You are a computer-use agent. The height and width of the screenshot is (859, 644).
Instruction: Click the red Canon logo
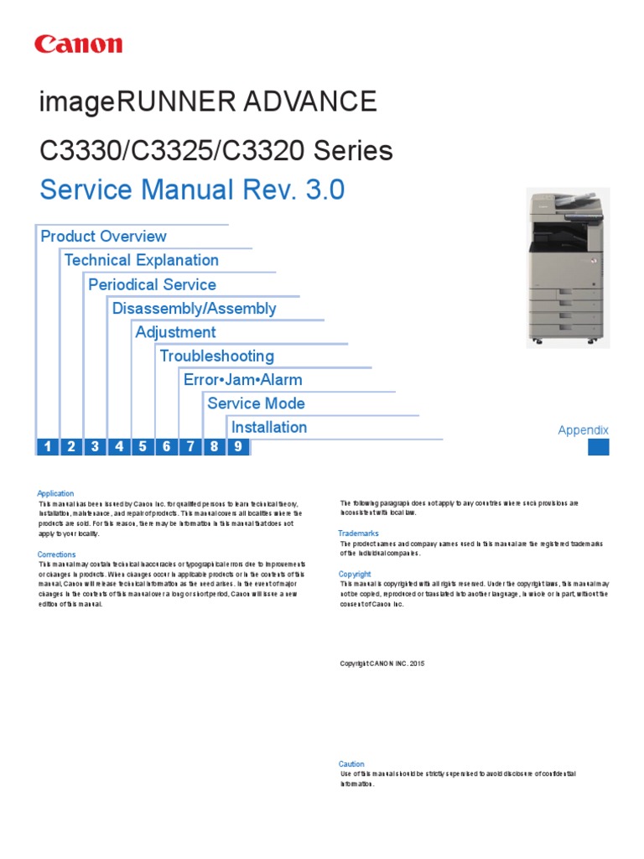[78, 44]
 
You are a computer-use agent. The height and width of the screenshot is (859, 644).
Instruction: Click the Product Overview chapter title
[103, 237]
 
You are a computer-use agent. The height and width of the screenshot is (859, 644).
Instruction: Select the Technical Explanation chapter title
[141, 260]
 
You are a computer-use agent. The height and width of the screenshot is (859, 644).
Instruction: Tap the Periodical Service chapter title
[152, 284]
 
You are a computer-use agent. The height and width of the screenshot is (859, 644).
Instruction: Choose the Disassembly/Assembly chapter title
[194, 308]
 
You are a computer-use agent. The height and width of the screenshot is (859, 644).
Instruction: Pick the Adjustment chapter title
[175, 332]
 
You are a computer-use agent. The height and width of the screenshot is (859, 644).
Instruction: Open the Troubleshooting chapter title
[216, 356]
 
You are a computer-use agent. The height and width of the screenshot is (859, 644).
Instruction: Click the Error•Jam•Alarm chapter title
[242, 379]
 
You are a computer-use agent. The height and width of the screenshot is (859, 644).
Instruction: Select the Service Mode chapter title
[256, 403]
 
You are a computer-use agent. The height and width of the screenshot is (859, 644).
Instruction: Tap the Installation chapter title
[268, 427]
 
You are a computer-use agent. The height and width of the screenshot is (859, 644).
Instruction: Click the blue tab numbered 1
[48, 446]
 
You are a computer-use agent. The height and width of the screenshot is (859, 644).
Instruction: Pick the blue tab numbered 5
[143, 446]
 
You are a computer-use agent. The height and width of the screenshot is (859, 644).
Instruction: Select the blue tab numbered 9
[238, 446]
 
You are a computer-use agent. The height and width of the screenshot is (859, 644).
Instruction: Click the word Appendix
[583, 430]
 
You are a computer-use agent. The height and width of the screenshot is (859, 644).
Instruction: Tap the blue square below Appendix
[599, 446]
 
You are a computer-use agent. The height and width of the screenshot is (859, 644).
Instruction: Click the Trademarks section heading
[358, 534]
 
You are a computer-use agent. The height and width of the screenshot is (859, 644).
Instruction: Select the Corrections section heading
[56, 554]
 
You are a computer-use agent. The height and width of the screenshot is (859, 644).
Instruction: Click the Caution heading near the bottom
[351, 764]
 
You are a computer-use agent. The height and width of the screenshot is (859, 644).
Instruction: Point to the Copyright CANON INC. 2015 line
[382, 664]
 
